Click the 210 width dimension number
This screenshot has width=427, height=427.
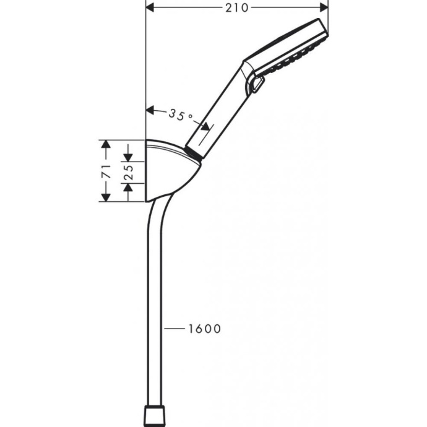[237, 8]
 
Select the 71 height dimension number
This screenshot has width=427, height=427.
[106, 171]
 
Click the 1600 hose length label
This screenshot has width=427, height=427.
[204, 329]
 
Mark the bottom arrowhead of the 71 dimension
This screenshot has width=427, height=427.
[106, 196]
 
